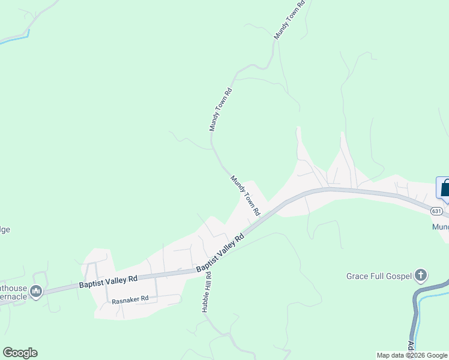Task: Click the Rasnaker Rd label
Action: point(130,298)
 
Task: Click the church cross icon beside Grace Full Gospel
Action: point(421,275)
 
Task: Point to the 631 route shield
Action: point(436,211)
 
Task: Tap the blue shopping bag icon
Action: point(445,188)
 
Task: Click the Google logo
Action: point(20,353)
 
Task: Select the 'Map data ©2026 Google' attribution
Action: point(412,355)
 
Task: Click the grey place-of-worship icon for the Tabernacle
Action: point(36,292)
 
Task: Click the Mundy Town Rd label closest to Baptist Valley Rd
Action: point(246,196)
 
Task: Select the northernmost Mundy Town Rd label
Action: point(290,20)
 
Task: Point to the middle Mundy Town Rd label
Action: point(220,110)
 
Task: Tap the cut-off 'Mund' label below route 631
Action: point(440,227)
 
